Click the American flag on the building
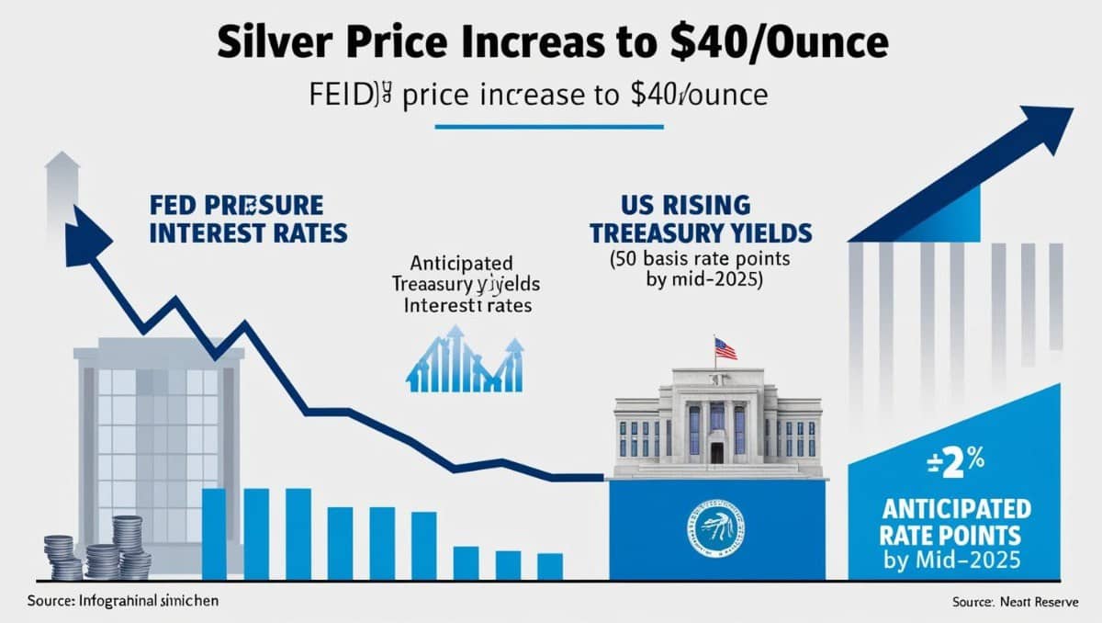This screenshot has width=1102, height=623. point(725,348)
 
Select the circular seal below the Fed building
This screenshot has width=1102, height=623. point(715,527)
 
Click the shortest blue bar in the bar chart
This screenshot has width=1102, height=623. point(549,566)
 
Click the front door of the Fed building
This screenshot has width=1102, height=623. point(717,451)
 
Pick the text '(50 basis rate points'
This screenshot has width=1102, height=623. point(700,259)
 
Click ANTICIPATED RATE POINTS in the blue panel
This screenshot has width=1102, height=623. point(955,521)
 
